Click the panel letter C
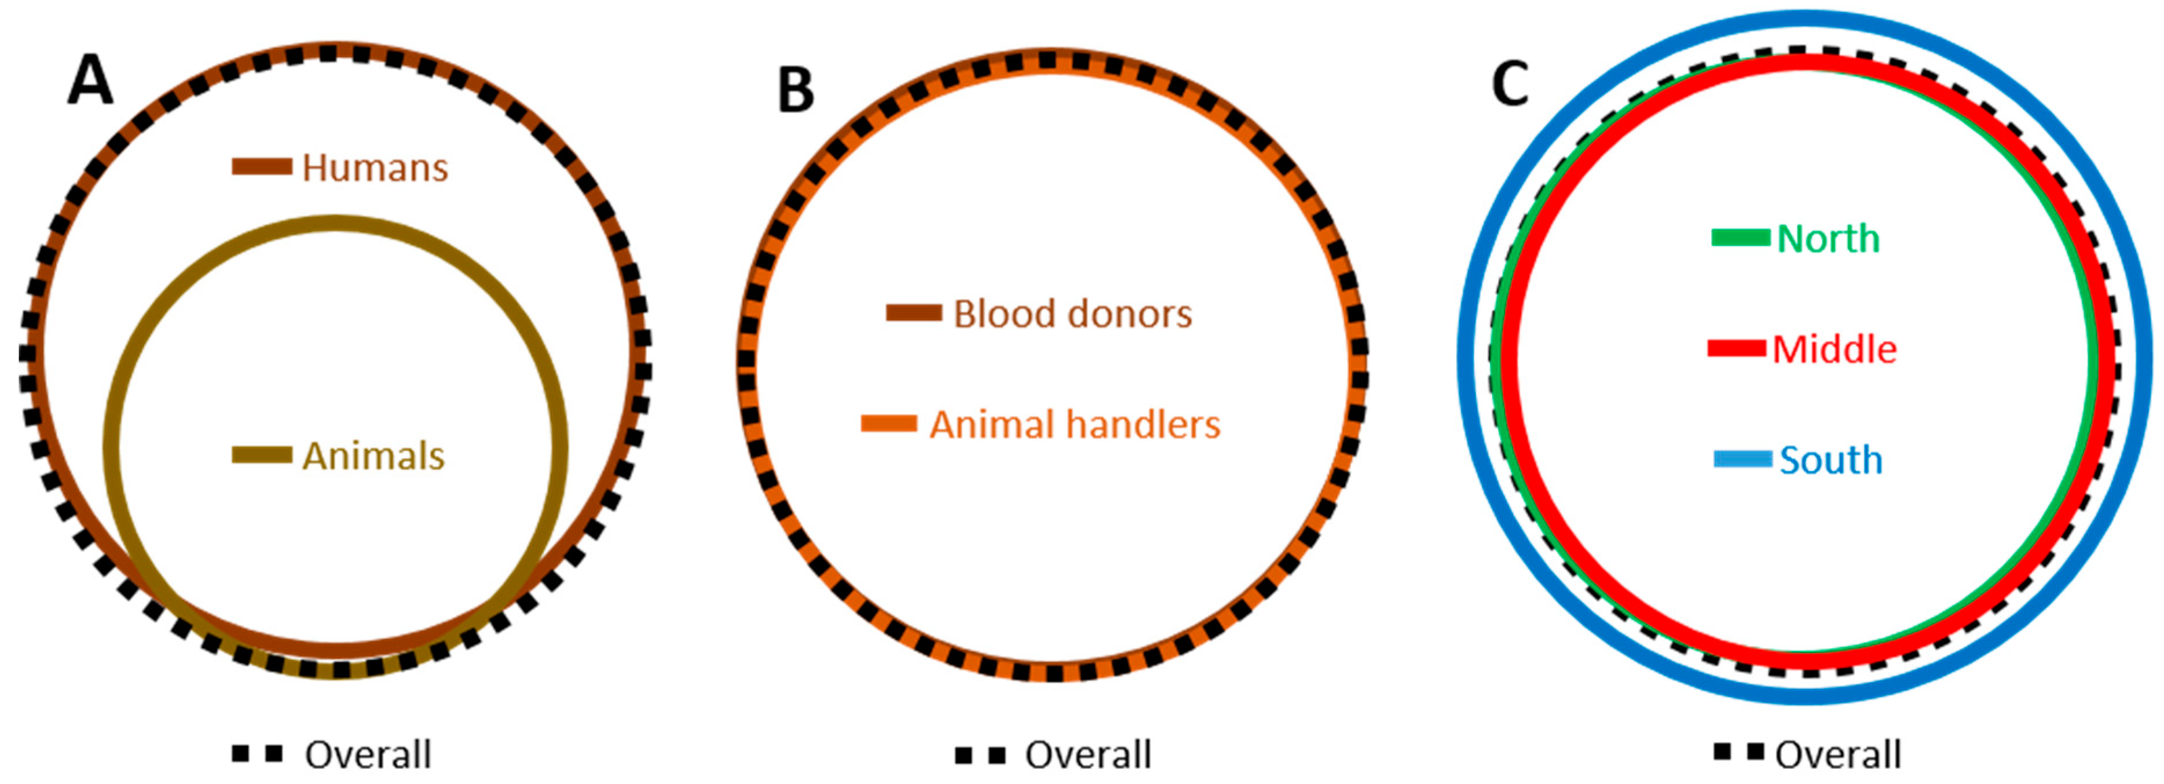(x=1510, y=85)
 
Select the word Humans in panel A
(x=375, y=168)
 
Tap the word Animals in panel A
(x=373, y=456)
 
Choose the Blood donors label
(x=1072, y=314)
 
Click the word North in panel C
(x=1828, y=239)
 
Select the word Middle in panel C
(x=1834, y=349)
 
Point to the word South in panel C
(x=1830, y=461)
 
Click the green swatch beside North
(x=1741, y=238)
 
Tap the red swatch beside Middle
(x=1737, y=348)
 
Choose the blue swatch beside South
(x=1743, y=459)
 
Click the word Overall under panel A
(x=368, y=754)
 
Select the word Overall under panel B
(x=1088, y=754)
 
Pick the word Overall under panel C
(x=1838, y=754)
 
